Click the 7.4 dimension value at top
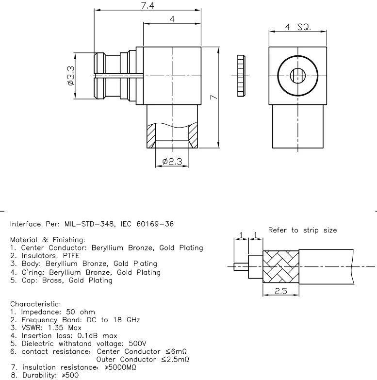coord(146,5)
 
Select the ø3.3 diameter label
coord(71,75)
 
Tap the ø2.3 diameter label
coord(172,162)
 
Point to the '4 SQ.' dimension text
coord(298,27)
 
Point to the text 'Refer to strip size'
coord(302,231)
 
